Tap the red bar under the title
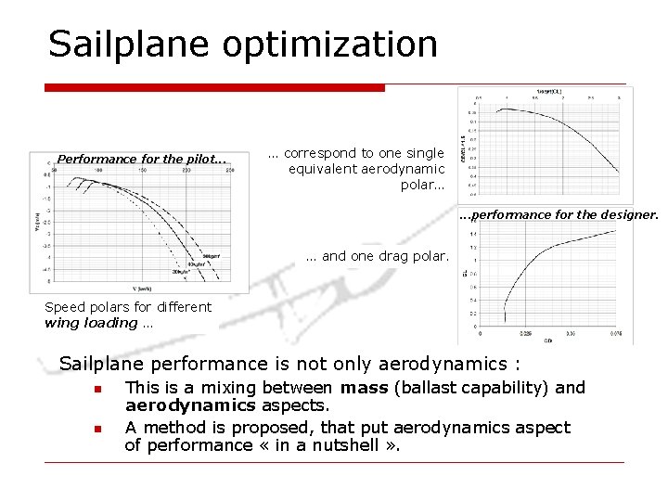214,88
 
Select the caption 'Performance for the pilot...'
141,159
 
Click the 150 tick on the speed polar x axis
141,171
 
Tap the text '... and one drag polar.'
377,255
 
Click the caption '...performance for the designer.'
558,214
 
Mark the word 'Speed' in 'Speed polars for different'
64,307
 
